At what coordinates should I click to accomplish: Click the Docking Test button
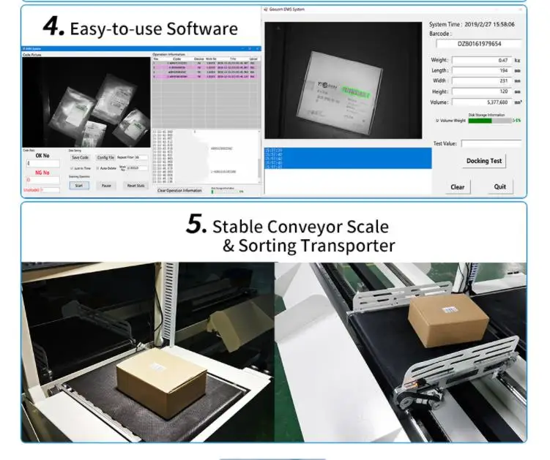click(x=483, y=161)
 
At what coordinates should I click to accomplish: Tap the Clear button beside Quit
click(x=457, y=186)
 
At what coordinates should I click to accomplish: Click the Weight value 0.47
click(x=480, y=60)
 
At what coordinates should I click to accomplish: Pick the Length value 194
click(x=480, y=70)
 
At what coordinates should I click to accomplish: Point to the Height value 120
click(x=480, y=91)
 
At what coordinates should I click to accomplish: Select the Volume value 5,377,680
click(x=480, y=102)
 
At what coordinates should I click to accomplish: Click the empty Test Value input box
click(x=491, y=144)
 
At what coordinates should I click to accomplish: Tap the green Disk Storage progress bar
click(x=480, y=121)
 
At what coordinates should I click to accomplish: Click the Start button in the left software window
click(x=78, y=185)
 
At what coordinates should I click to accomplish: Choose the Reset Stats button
click(x=135, y=185)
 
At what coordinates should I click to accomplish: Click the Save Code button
click(x=79, y=157)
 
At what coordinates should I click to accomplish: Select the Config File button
click(x=105, y=157)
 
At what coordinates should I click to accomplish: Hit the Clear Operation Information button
click(x=179, y=190)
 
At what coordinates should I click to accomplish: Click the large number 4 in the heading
click(x=54, y=27)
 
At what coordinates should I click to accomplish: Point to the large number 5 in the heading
click(x=196, y=224)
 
